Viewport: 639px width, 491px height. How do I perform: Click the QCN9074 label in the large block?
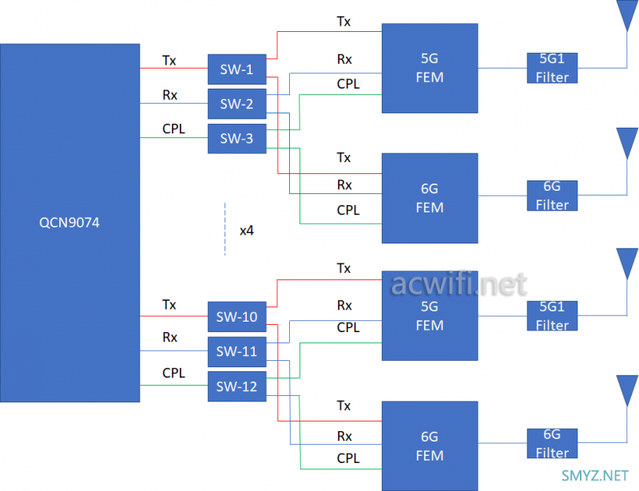(x=69, y=224)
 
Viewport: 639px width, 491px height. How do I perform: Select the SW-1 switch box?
(x=236, y=69)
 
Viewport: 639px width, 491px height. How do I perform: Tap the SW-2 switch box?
(x=236, y=104)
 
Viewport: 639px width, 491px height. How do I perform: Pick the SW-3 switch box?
(x=236, y=139)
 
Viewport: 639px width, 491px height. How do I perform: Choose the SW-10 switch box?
(x=236, y=317)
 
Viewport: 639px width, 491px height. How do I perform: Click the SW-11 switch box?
(x=236, y=351)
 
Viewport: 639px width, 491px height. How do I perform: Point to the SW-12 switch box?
(x=236, y=386)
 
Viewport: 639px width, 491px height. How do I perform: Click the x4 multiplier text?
(x=247, y=231)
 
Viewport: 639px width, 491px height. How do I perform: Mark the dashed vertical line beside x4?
(x=225, y=229)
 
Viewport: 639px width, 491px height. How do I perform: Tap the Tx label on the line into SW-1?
(x=169, y=60)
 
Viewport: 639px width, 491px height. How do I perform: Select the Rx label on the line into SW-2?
(x=169, y=95)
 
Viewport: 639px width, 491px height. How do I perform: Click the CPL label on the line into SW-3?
(x=173, y=128)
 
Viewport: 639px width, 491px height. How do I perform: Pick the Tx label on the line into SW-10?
(x=169, y=304)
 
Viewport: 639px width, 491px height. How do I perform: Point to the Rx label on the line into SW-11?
(x=169, y=338)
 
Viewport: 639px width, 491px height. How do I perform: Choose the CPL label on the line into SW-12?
(x=173, y=373)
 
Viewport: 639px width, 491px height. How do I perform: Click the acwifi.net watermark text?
(x=459, y=284)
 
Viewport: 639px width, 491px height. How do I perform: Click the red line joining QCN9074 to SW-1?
(x=174, y=69)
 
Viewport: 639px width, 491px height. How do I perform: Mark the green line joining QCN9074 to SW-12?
(x=174, y=386)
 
